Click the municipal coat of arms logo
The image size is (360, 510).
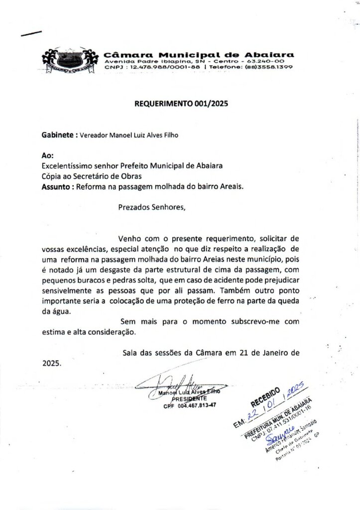pyautogui.click(x=68, y=61)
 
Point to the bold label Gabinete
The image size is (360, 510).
pyautogui.click(x=58, y=134)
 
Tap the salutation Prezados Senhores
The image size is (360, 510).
pyautogui.click(x=151, y=208)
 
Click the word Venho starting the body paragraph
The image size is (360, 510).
pyautogui.click(x=129, y=239)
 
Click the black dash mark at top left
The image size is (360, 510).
pyautogui.click(x=31, y=34)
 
